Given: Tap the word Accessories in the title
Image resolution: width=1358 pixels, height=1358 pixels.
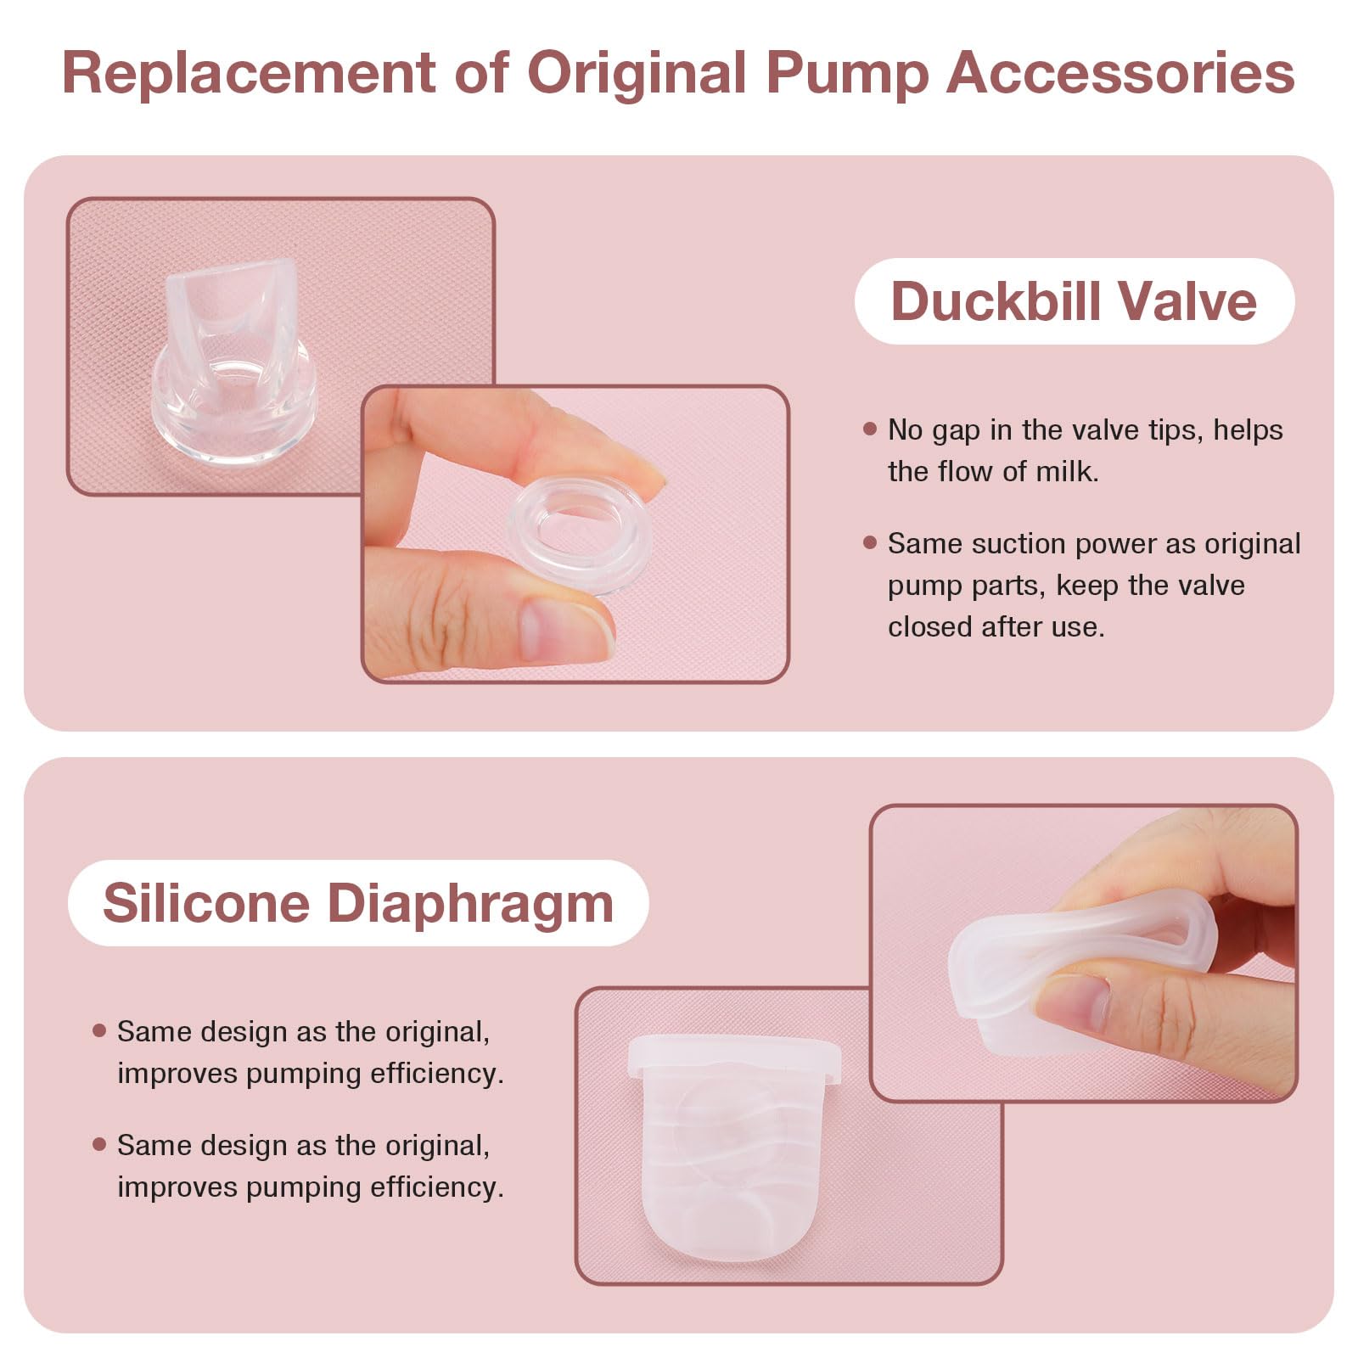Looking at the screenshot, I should coord(1120,73).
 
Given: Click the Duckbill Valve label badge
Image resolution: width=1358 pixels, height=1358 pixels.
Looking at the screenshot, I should coord(1074,301).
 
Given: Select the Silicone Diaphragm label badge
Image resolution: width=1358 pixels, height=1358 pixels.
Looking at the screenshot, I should coord(357,902).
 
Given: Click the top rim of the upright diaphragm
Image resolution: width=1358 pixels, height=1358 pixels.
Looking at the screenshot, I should coord(733,1052).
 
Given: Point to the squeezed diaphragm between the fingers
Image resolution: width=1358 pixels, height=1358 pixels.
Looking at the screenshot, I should coord(1078,959).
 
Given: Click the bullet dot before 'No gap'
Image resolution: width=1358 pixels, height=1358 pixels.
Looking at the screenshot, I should coord(869,429).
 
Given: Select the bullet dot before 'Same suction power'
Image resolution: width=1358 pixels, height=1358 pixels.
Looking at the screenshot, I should coord(869,542).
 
